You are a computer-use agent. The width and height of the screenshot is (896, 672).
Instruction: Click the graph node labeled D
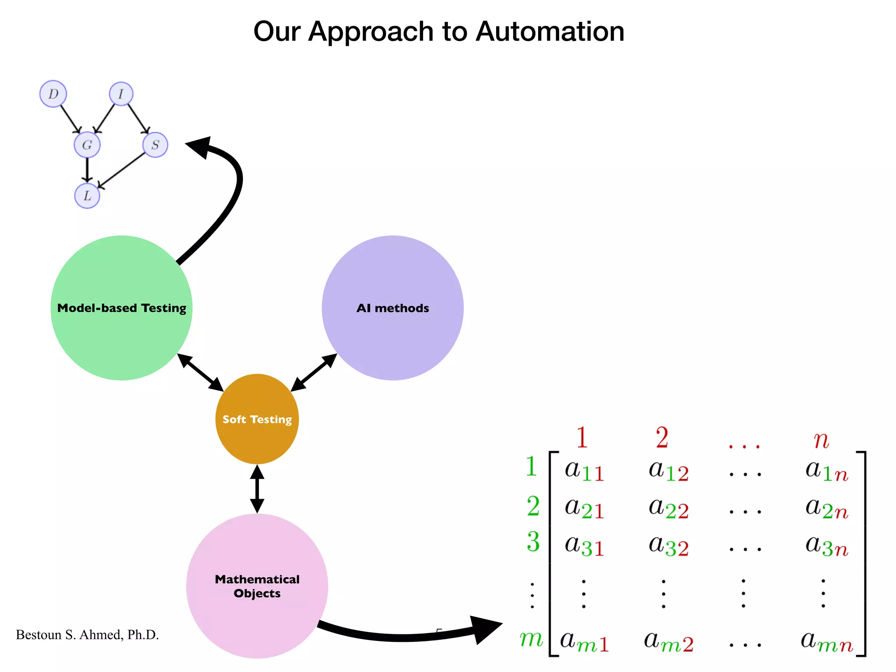(x=53, y=94)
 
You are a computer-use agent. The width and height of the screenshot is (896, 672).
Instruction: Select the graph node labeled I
(x=121, y=94)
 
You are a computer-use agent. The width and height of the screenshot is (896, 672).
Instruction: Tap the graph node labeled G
(x=87, y=145)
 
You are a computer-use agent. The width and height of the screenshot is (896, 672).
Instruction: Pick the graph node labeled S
(x=155, y=145)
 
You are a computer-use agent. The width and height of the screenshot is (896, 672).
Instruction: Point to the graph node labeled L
(x=87, y=196)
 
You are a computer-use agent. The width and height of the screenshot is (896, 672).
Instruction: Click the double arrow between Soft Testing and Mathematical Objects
(x=257, y=489)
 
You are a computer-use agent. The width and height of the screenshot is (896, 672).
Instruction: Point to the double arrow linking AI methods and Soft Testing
(x=314, y=373)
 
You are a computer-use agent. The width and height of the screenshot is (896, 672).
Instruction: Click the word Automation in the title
(x=549, y=31)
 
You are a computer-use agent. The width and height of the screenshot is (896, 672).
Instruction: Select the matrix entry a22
(x=668, y=508)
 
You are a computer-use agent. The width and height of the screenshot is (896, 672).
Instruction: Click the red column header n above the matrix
(x=821, y=439)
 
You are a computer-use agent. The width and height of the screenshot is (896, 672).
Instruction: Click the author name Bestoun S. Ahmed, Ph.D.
(x=87, y=635)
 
